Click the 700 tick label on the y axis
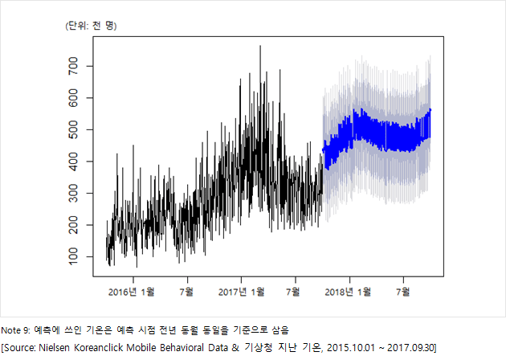coord(74,66)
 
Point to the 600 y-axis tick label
coord(74,97)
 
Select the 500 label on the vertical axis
coord(74,129)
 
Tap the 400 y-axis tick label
coord(74,162)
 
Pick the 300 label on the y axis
coord(74,193)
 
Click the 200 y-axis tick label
coord(74,225)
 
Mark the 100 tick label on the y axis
coord(74,256)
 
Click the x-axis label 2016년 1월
coord(132,292)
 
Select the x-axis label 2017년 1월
coord(242,292)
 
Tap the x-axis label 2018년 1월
coord(348,292)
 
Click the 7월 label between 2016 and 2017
coord(186,292)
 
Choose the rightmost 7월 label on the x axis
coord(403,292)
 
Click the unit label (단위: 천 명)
coord(91,26)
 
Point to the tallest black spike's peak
coord(260,46)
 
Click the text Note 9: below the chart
coord(15,330)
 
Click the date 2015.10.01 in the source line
coord(351,348)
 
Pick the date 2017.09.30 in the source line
coord(410,348)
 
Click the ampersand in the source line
coord(235,348)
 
